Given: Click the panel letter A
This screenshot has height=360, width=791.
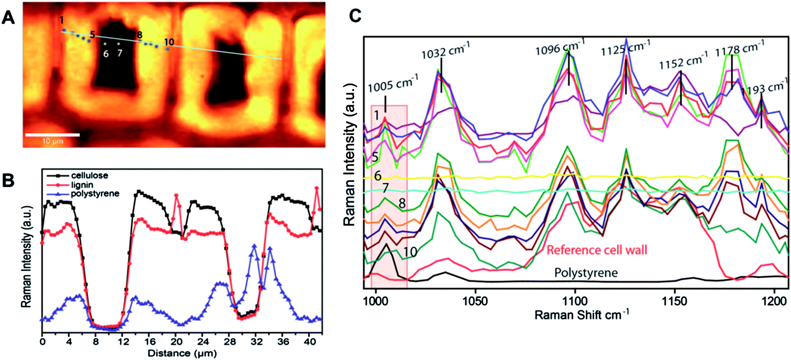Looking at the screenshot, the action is click(8, 17).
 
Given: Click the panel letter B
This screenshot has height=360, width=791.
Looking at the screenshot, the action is click(8, 181).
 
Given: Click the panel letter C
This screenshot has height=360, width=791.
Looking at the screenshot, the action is click(355, 16).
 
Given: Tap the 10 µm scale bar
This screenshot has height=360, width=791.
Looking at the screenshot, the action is click(52, 135).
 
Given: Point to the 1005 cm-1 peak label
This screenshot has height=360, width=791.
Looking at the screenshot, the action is click(393, 84).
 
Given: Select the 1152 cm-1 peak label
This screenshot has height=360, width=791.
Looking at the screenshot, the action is click(683, 60).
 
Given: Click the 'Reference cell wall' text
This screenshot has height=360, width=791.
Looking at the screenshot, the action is click(597, 250).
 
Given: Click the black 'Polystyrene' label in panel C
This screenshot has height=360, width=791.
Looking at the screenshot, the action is click(586, 273).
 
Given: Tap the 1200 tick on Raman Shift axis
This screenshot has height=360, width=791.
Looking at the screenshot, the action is click(775, 301).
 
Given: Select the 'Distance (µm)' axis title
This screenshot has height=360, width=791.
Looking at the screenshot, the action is click(182, 353).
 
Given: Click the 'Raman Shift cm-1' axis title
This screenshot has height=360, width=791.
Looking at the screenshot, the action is click(582, 314).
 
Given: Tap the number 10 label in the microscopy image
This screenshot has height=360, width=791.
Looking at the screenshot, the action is click(169, 42).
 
